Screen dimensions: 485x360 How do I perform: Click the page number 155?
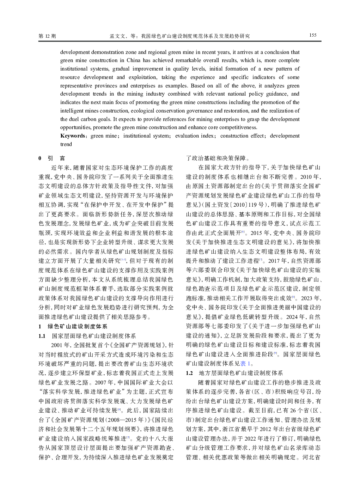pyautogui.click(x=313, y=35)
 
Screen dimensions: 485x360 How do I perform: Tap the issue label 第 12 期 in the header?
pyautogui.click(x=47, y=36)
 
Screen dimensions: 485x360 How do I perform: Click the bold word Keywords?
pyautogui.click(x=73, y=136)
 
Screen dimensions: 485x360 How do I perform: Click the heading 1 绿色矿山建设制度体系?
pyautogui.click(x=73, y=327)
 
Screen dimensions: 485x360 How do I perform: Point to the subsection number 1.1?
pyautogui.click(x=42, y=336)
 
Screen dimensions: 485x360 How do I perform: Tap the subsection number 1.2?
pyautogui.click(x=189, y=373)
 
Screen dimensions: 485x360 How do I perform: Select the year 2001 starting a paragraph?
pyautogui.click(x=57, y=345)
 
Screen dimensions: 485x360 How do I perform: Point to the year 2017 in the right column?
pyautogui.click(x=274, y=261)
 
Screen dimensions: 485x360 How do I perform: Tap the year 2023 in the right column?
pyautogui.click(x=306, y=298)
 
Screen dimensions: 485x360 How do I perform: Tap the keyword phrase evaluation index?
pyautogui.click(x=195, y=136)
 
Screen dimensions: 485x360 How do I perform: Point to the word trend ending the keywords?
pyautogui.click(x=66, y=144)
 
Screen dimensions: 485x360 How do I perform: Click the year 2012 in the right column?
pyautogui.click(x=267, y=429)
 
